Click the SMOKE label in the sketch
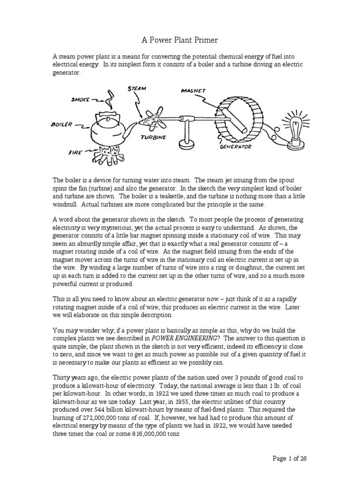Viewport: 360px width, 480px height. pos(81,99)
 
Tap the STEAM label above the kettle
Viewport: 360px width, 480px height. pos(137,88)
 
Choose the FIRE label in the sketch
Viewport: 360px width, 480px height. pos(76,153)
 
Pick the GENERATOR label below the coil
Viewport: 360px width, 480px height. pos(236,146)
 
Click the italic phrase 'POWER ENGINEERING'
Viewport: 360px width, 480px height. pos(180,338)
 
